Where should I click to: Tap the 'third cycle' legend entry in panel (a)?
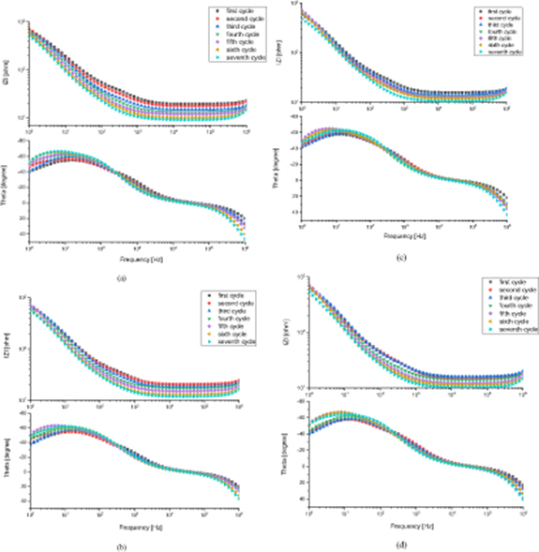pyautogui.click(x=227, y=26)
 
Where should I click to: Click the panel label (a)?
pyautogui.click(x=119, y=278)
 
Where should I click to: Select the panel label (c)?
pyautogui.click(x=401, y=257)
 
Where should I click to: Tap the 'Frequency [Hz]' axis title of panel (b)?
pyautogui.click(x=134, y=522)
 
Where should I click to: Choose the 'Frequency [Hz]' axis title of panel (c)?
pyautogui.click(x=406, y=235)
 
